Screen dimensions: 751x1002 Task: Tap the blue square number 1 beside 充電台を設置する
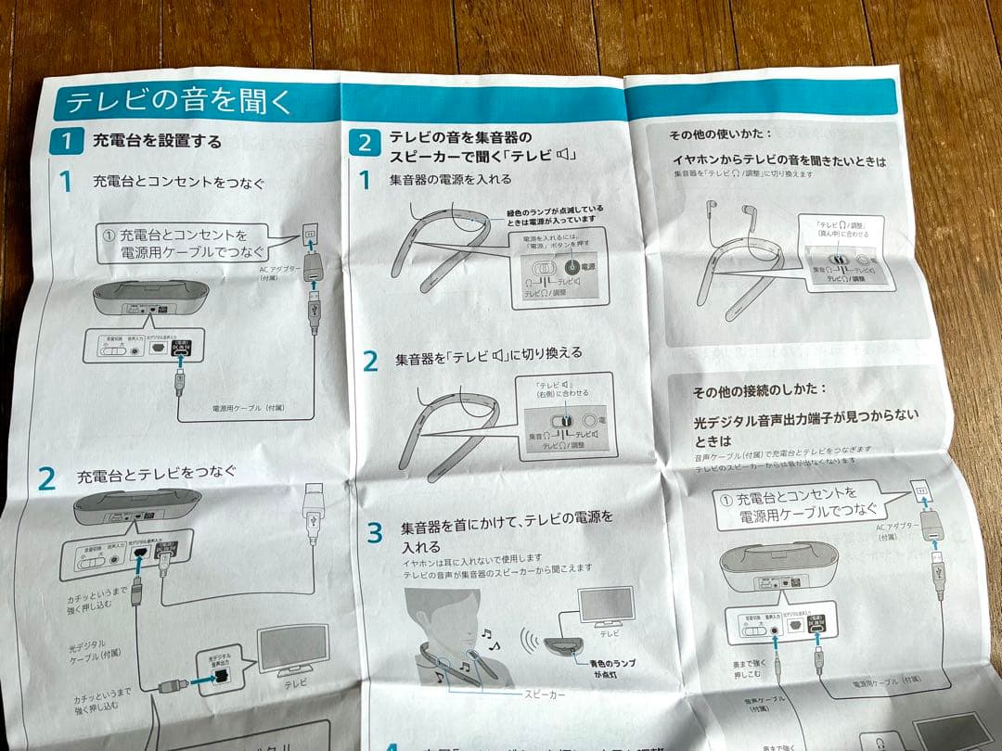coord(67,141)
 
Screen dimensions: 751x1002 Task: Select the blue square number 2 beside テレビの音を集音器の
coord(366,143)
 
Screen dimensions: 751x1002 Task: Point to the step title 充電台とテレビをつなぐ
coord(156,476)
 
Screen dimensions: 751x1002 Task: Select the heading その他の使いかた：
coord(721,135)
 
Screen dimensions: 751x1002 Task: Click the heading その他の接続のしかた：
coord(759,391)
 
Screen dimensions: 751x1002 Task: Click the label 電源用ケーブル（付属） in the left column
coord(250,407)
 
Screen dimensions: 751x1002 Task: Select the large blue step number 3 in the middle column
coord(374,532)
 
